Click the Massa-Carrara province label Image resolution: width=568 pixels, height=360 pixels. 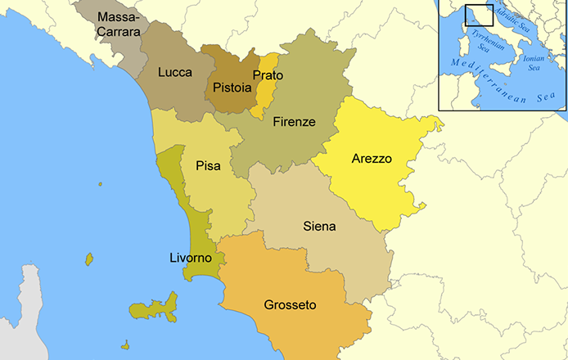tap(119, 24)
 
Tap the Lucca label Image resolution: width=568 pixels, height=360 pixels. tap(175, 72)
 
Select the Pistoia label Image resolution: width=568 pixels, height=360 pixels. tap(231, 87)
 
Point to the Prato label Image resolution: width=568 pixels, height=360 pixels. tap(268, 75)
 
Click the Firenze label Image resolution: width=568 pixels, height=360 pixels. tap(294, 122)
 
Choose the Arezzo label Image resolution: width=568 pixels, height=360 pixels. tap(372, 158)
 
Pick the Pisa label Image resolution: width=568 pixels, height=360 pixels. tap(208, 166)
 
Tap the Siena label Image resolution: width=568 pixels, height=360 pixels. tap(318, 225)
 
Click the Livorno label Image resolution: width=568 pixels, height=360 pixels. tap(190, 258)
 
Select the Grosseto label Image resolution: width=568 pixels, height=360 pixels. tap(290, 305)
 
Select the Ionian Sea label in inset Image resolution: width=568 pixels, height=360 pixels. tap(533, 63)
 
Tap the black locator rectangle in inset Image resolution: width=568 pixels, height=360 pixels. tap(479, 14)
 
